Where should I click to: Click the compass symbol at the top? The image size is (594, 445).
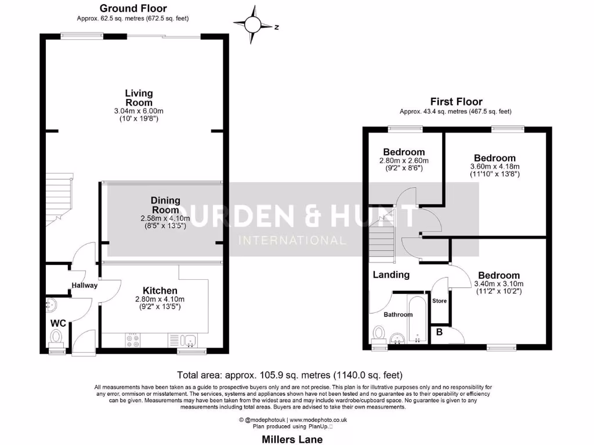click(x=253, y=24)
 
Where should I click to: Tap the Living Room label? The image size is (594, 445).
click(x=139, y=97)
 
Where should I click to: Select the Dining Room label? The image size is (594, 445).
click(x=165, y=205)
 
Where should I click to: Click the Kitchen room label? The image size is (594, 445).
click(x=161, y=290)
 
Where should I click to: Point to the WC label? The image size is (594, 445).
click(x=57, y=322)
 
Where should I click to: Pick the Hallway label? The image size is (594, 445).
click(x=85, y=285)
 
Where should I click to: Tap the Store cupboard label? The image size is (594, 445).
click(x=440, y=301)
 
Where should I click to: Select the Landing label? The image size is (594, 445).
click(x=391, y=275)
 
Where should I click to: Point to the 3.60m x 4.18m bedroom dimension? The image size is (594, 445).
click(x=495, y=166)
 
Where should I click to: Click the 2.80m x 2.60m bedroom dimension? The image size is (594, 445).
click(x=404, y=161)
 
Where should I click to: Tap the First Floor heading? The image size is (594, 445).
click(x=456, y=101)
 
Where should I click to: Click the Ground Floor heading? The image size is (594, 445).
click(x=133, y=8)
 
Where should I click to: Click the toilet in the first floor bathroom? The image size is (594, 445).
click(x=379, y=333)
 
